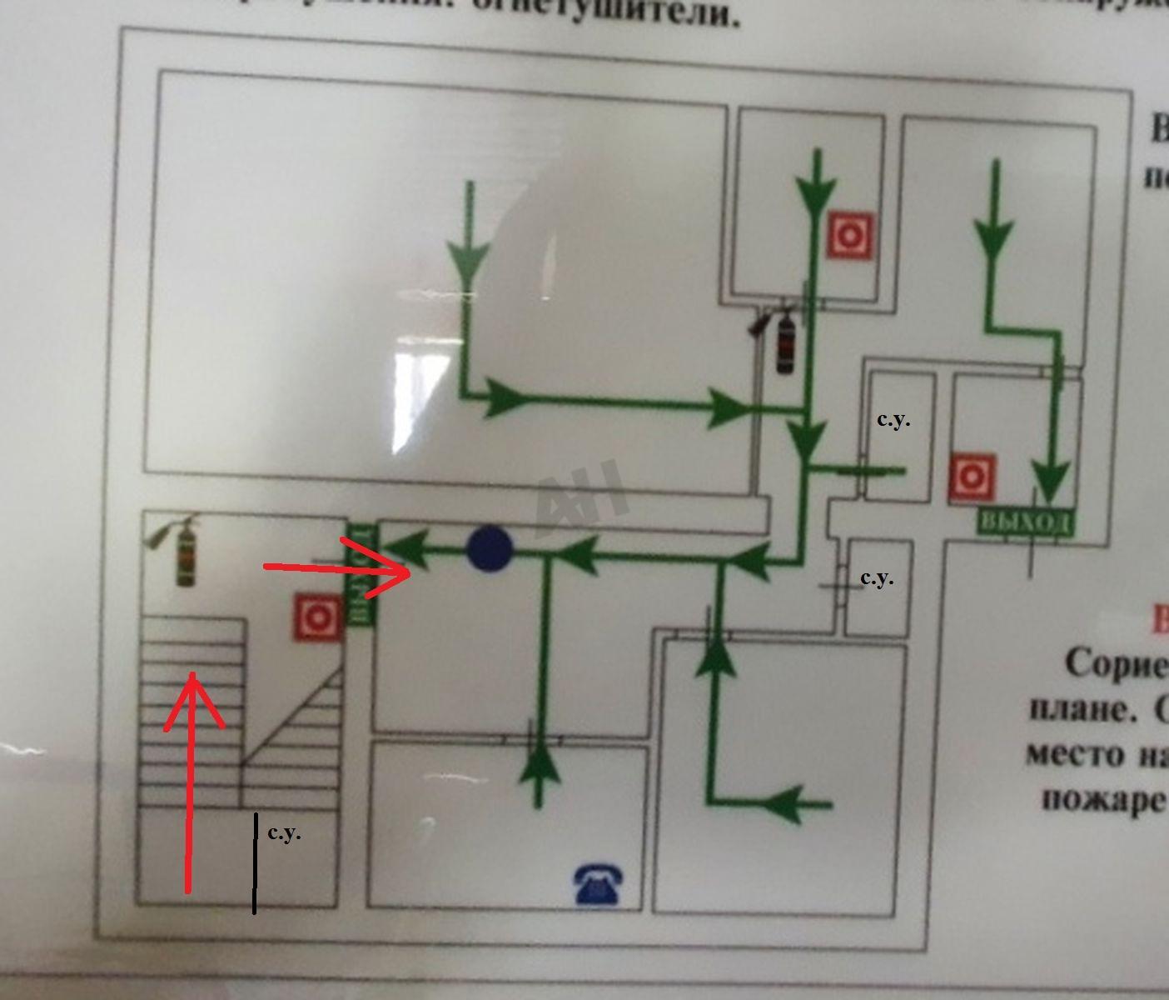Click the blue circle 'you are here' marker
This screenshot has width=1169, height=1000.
[x=490, y=549]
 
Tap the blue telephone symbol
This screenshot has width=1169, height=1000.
[x=598, y=884]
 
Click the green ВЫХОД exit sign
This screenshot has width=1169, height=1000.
[x=1025, y=522]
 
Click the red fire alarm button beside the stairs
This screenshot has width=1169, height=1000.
[x=317, y=617]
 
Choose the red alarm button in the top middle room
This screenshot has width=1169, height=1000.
[x=850, y=235]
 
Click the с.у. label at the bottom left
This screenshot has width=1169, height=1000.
[x=285, y=832]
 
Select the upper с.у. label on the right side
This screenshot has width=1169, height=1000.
[x=893, y=420]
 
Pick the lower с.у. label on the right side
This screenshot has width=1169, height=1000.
[x=877, y=577]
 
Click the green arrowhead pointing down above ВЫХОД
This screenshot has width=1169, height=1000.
[x=1053, y=481]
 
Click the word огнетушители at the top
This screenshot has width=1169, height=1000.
[x=649, y=12]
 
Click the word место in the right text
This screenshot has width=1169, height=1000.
[x=1073, y=753]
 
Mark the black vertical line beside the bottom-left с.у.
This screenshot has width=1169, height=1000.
[x=255, y=863]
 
